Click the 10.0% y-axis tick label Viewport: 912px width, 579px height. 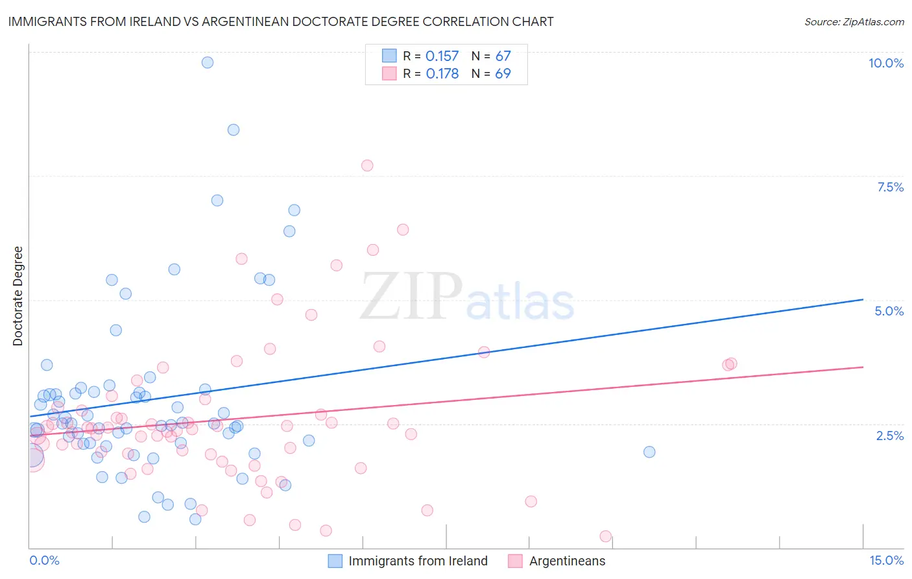(x=885, y=63)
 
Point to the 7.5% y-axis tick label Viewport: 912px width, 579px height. (x=890, y=187)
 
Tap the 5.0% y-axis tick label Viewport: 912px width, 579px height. (x=889, y=311)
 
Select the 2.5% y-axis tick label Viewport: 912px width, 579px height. (x=889, y=436)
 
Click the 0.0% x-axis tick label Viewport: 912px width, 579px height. (x=44, y=560)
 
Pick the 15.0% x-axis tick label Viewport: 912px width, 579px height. (x=886, y=560)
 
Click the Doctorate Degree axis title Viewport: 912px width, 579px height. (x=18, y=296)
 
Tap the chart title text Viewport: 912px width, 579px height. (x=281, y=21)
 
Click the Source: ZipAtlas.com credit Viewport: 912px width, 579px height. (x=854, y=21)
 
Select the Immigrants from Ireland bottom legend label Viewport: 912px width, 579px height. (x=418, y=561)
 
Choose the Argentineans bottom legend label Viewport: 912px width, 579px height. (x=567, y=561)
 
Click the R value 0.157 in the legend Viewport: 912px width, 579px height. (x=442, y=56)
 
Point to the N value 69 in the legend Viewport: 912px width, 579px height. (x=503, y=74)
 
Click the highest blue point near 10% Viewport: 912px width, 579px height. (x=208, y=62)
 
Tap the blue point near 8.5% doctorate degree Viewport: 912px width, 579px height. (x=234, y=130)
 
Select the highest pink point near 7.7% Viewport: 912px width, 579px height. (x=367, y=166)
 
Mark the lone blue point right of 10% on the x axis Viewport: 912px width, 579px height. (x=649, y=452)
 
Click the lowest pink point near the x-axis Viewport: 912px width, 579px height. (x=606, y=536)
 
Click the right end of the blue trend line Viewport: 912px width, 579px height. (x=863, y=299)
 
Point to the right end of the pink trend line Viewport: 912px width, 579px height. (x=863, y=367)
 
